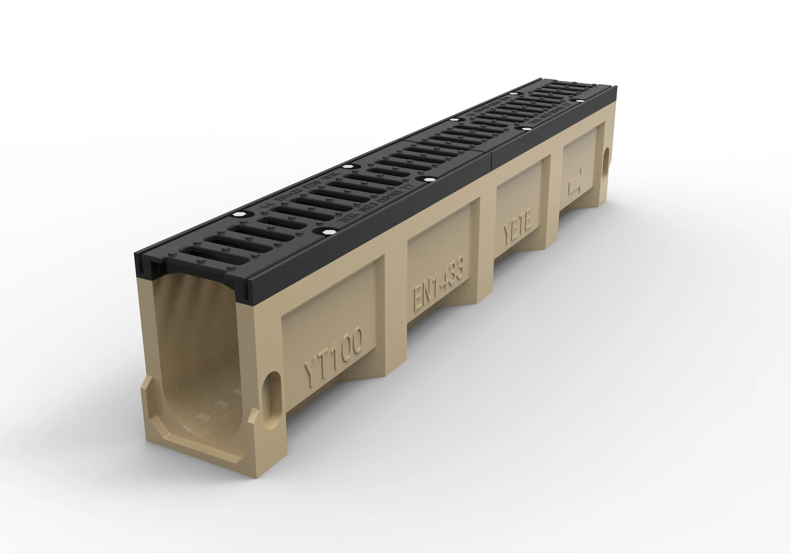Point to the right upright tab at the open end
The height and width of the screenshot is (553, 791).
(x=254, y=427)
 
